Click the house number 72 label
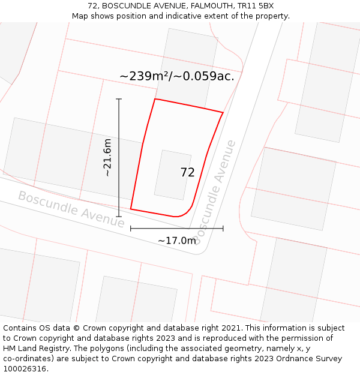[187, 173]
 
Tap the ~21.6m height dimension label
[107, 157]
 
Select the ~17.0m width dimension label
[177, 241]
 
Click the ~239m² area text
[145, 76]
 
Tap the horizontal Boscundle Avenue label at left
[71, 209]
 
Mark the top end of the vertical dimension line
[119, 99]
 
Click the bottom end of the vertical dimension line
[119, 217]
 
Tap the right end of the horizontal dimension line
[223, 229]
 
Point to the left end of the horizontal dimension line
[130, 229]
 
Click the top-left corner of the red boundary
[155, 99]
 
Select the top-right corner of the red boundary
[223, 112]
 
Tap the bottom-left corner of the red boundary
[130, 209]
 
